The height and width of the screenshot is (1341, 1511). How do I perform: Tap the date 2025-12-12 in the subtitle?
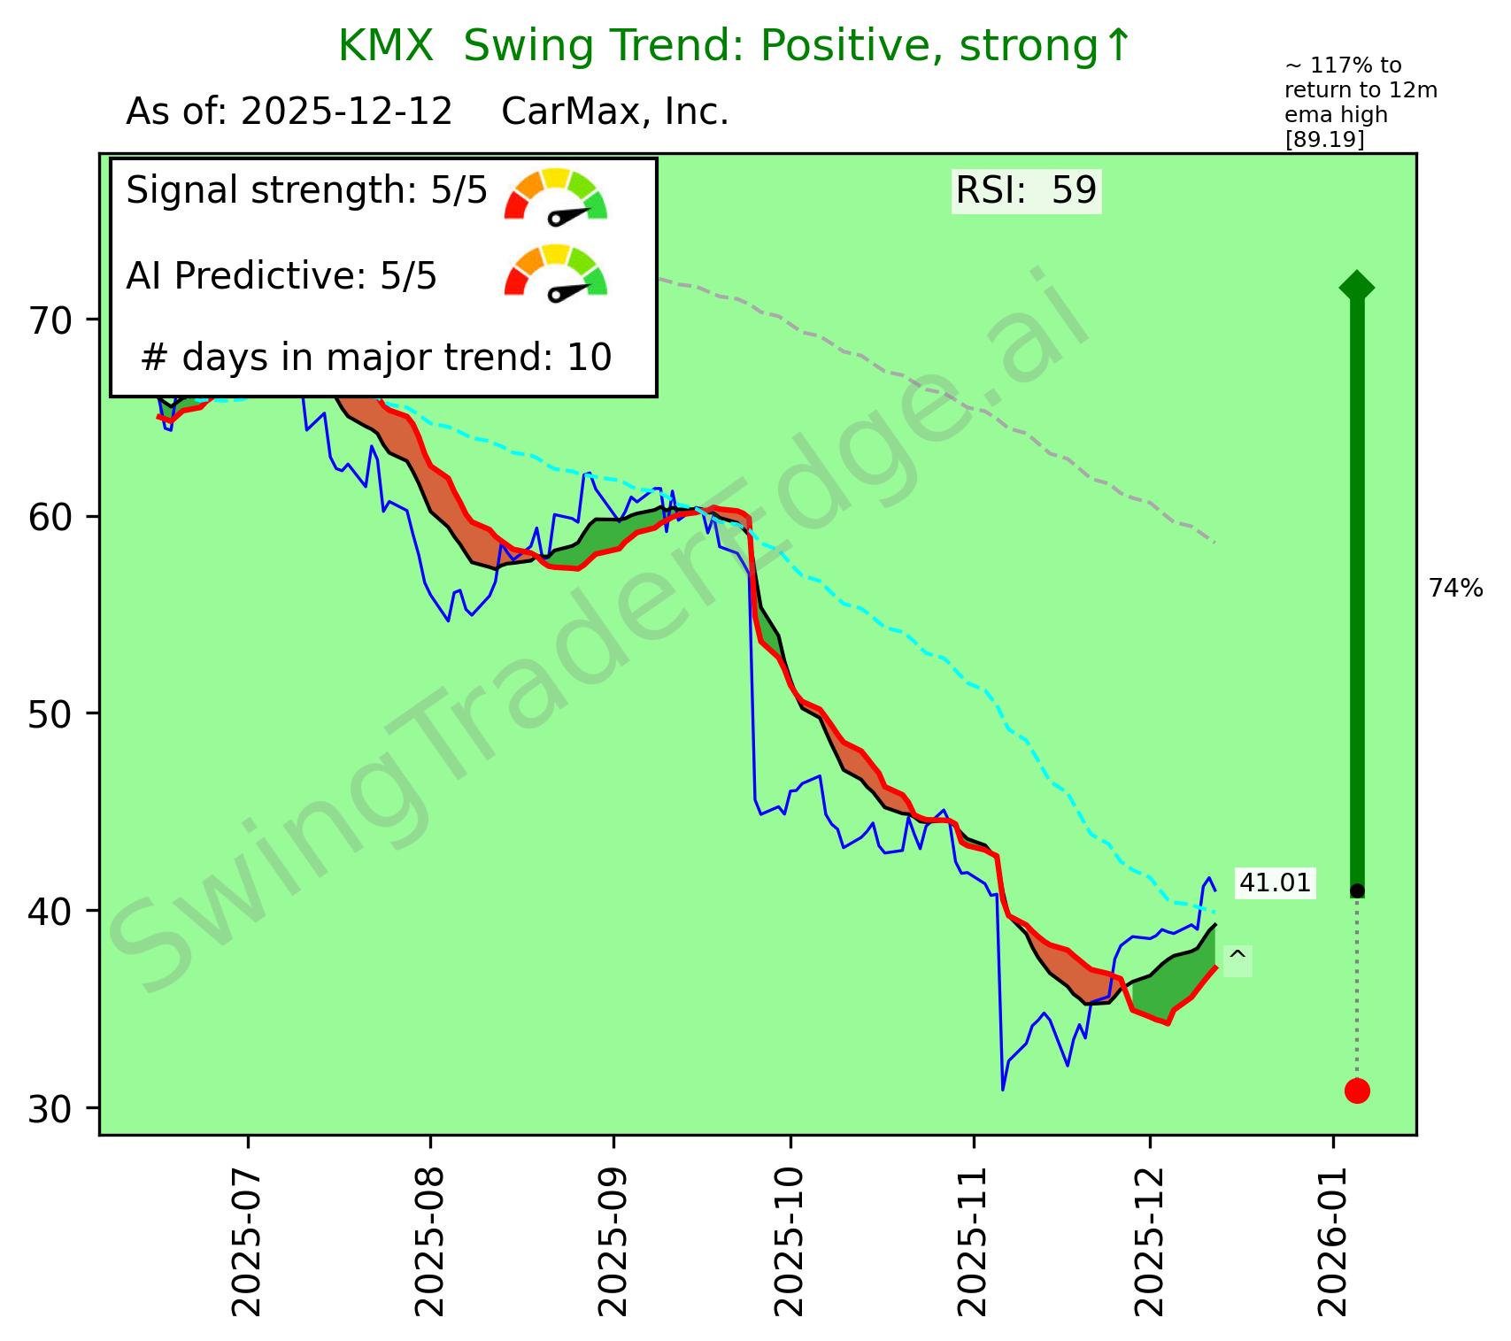[x=347, y=112]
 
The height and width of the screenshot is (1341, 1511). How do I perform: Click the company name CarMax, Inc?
[x=615, y=112]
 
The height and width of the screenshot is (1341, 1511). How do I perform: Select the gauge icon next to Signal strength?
[x=556, y=196]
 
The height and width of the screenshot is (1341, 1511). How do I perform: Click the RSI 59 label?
[x=1026, y=190]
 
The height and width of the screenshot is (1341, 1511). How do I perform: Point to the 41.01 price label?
[x=1275, y=882]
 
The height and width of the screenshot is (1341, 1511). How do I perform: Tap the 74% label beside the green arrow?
[x=1456, y=589]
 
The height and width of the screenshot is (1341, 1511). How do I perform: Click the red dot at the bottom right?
[x=1357, y=1091]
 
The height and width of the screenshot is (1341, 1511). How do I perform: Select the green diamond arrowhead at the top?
[x=1357, y=286]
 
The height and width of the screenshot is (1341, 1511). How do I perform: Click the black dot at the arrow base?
[x=1357, y=890]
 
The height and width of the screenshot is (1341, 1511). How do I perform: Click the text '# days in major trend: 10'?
[x=376, y=358]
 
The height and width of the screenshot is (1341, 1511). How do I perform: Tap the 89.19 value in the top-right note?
[x=1324, y=140]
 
